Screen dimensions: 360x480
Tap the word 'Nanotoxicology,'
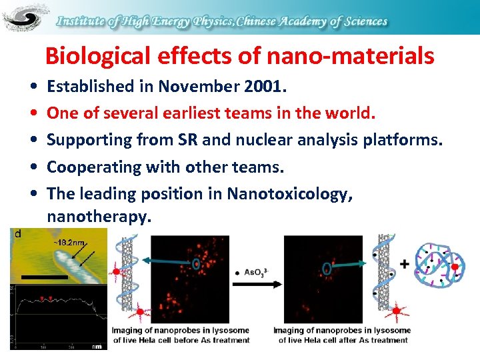[x=289, y=193]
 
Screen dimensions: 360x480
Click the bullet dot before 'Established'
[x=33, y=87]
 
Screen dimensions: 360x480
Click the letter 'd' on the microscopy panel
[x=17, y=234]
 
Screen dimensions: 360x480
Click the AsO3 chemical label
[x=255, y=273]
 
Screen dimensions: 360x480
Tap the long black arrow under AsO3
[x=256, y=285]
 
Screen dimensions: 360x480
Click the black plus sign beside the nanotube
[x=404, y=265]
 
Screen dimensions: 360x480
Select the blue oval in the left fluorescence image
[x=195, y=265]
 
